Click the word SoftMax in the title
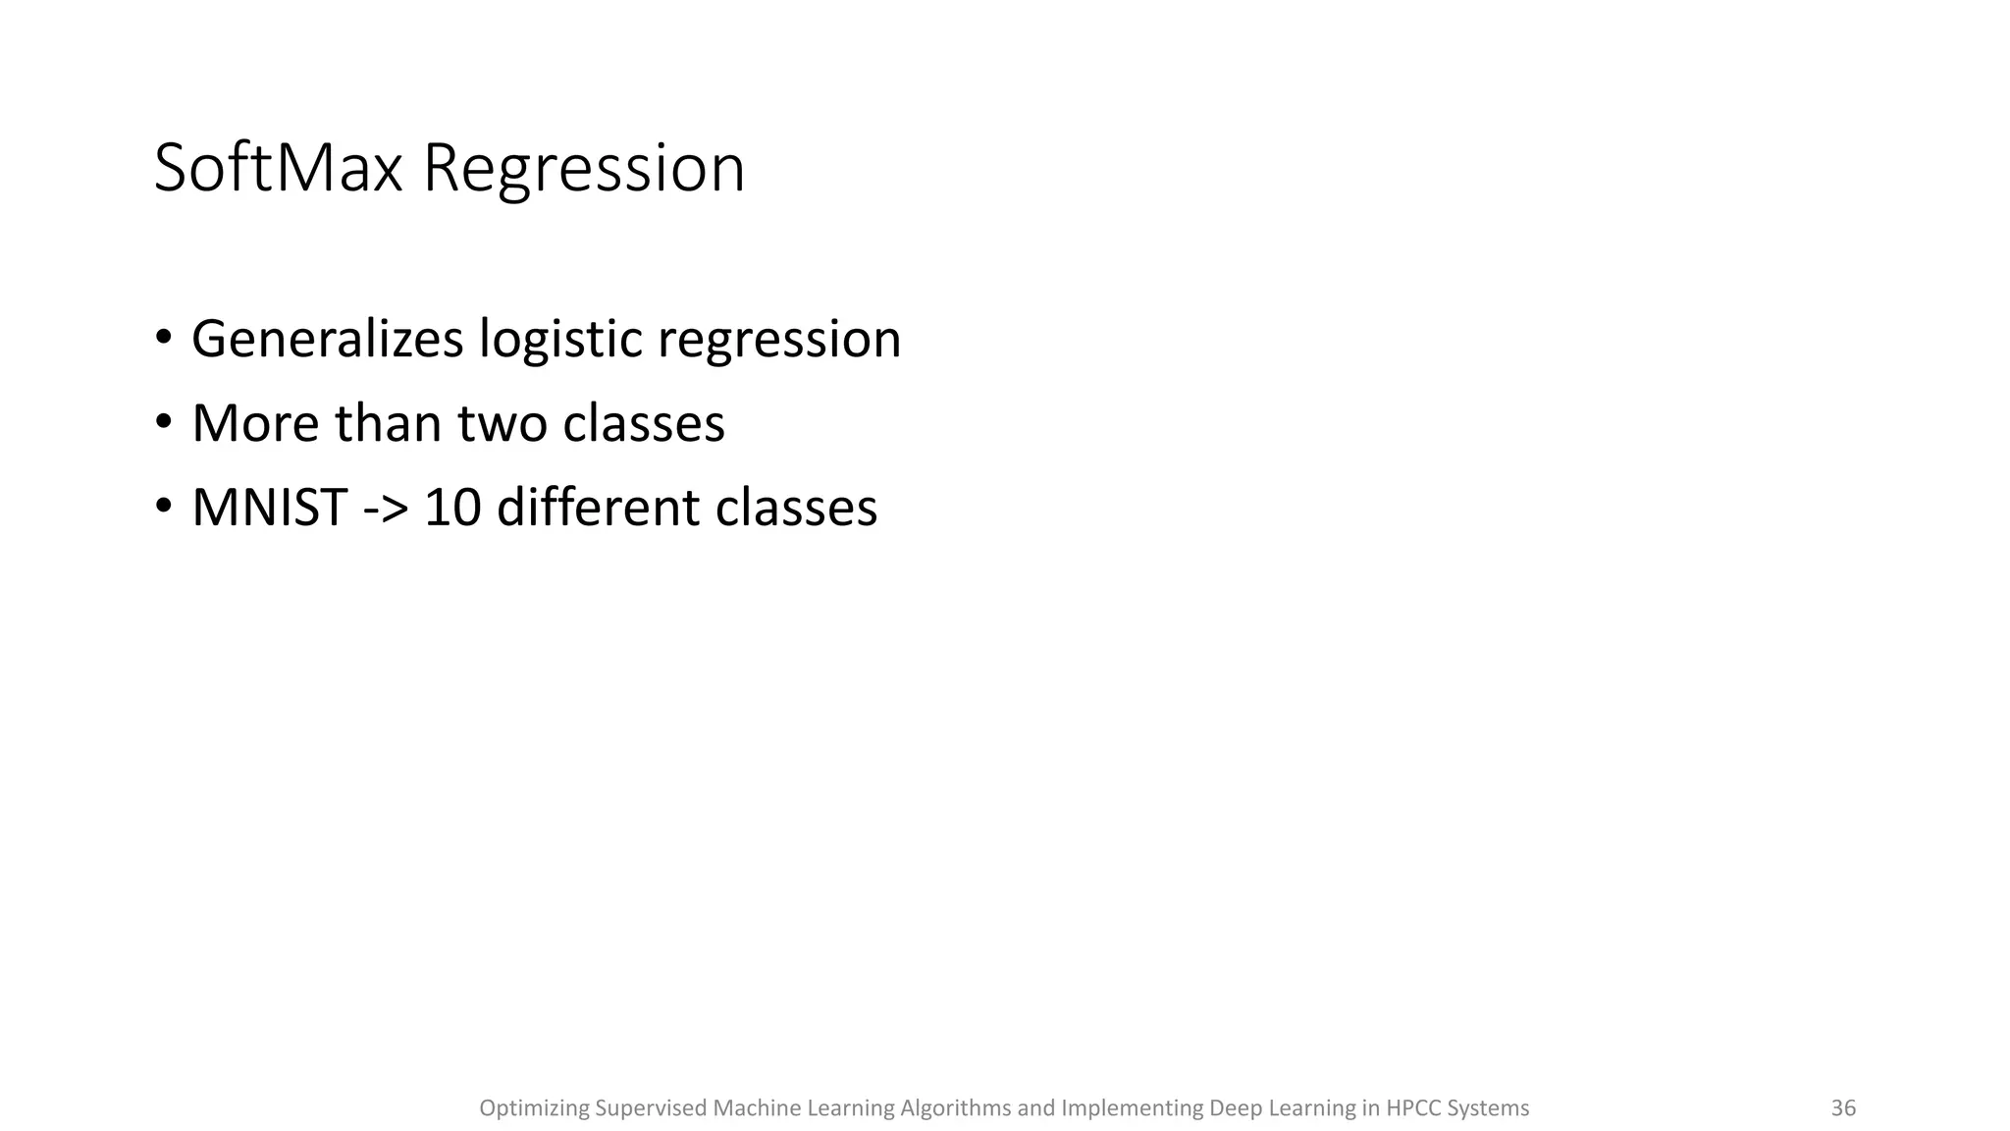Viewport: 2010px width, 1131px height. click(x=278, y=169)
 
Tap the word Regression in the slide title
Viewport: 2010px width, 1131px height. click(x=583, y=169)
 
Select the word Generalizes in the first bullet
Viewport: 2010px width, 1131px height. click(x=327, y=340)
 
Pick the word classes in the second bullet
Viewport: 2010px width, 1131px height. click(x=644, y=424)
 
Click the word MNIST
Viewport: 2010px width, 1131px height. click(x=270, y=509)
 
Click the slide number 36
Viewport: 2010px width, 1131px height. click(x=1843, y=1108)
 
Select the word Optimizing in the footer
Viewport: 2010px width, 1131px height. click(x=533, y=1108)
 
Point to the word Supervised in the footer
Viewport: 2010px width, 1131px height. click(x=651, y=1108)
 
